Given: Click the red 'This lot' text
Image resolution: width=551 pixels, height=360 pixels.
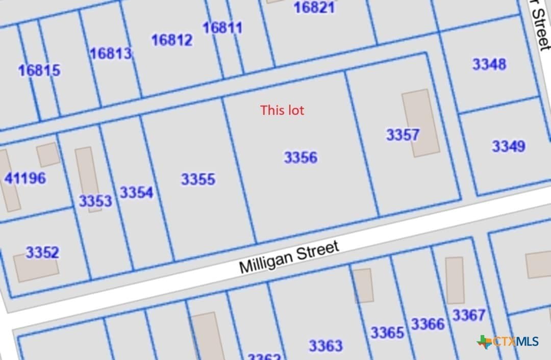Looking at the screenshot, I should coord(282,110).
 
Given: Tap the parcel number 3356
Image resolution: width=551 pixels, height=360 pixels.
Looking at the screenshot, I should coord(300,158).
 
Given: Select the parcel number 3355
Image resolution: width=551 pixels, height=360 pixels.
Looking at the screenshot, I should coord(198,179).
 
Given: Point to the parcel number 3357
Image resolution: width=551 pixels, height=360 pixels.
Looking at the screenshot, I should coord(403,135).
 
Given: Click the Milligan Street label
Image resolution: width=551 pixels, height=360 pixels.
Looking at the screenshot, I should coord(289,258).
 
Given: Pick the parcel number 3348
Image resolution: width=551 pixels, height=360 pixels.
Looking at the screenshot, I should coord(489,64).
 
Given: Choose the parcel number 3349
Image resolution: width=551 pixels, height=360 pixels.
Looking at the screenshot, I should coord(508,146).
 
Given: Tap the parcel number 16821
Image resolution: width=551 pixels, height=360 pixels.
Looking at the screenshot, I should coord(314,8).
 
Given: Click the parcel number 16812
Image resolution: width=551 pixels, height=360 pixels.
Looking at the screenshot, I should coord(172,40).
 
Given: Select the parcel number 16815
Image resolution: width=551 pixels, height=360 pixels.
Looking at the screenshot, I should coord(39,70).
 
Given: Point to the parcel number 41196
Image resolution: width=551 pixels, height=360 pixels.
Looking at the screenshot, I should coord(25,178).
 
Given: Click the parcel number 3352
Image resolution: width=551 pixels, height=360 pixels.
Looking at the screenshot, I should coord(42,252).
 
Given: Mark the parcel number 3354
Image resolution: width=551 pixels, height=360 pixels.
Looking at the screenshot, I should coord(136,193).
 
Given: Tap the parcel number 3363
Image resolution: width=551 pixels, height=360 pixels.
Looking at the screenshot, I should coord(325,346).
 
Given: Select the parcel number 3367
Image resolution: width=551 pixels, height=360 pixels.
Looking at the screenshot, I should coord(469,315).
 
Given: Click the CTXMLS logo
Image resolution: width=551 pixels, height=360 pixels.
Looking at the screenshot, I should coord(508,342).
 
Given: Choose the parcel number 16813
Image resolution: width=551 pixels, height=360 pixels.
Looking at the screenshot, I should coord(111,54).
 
